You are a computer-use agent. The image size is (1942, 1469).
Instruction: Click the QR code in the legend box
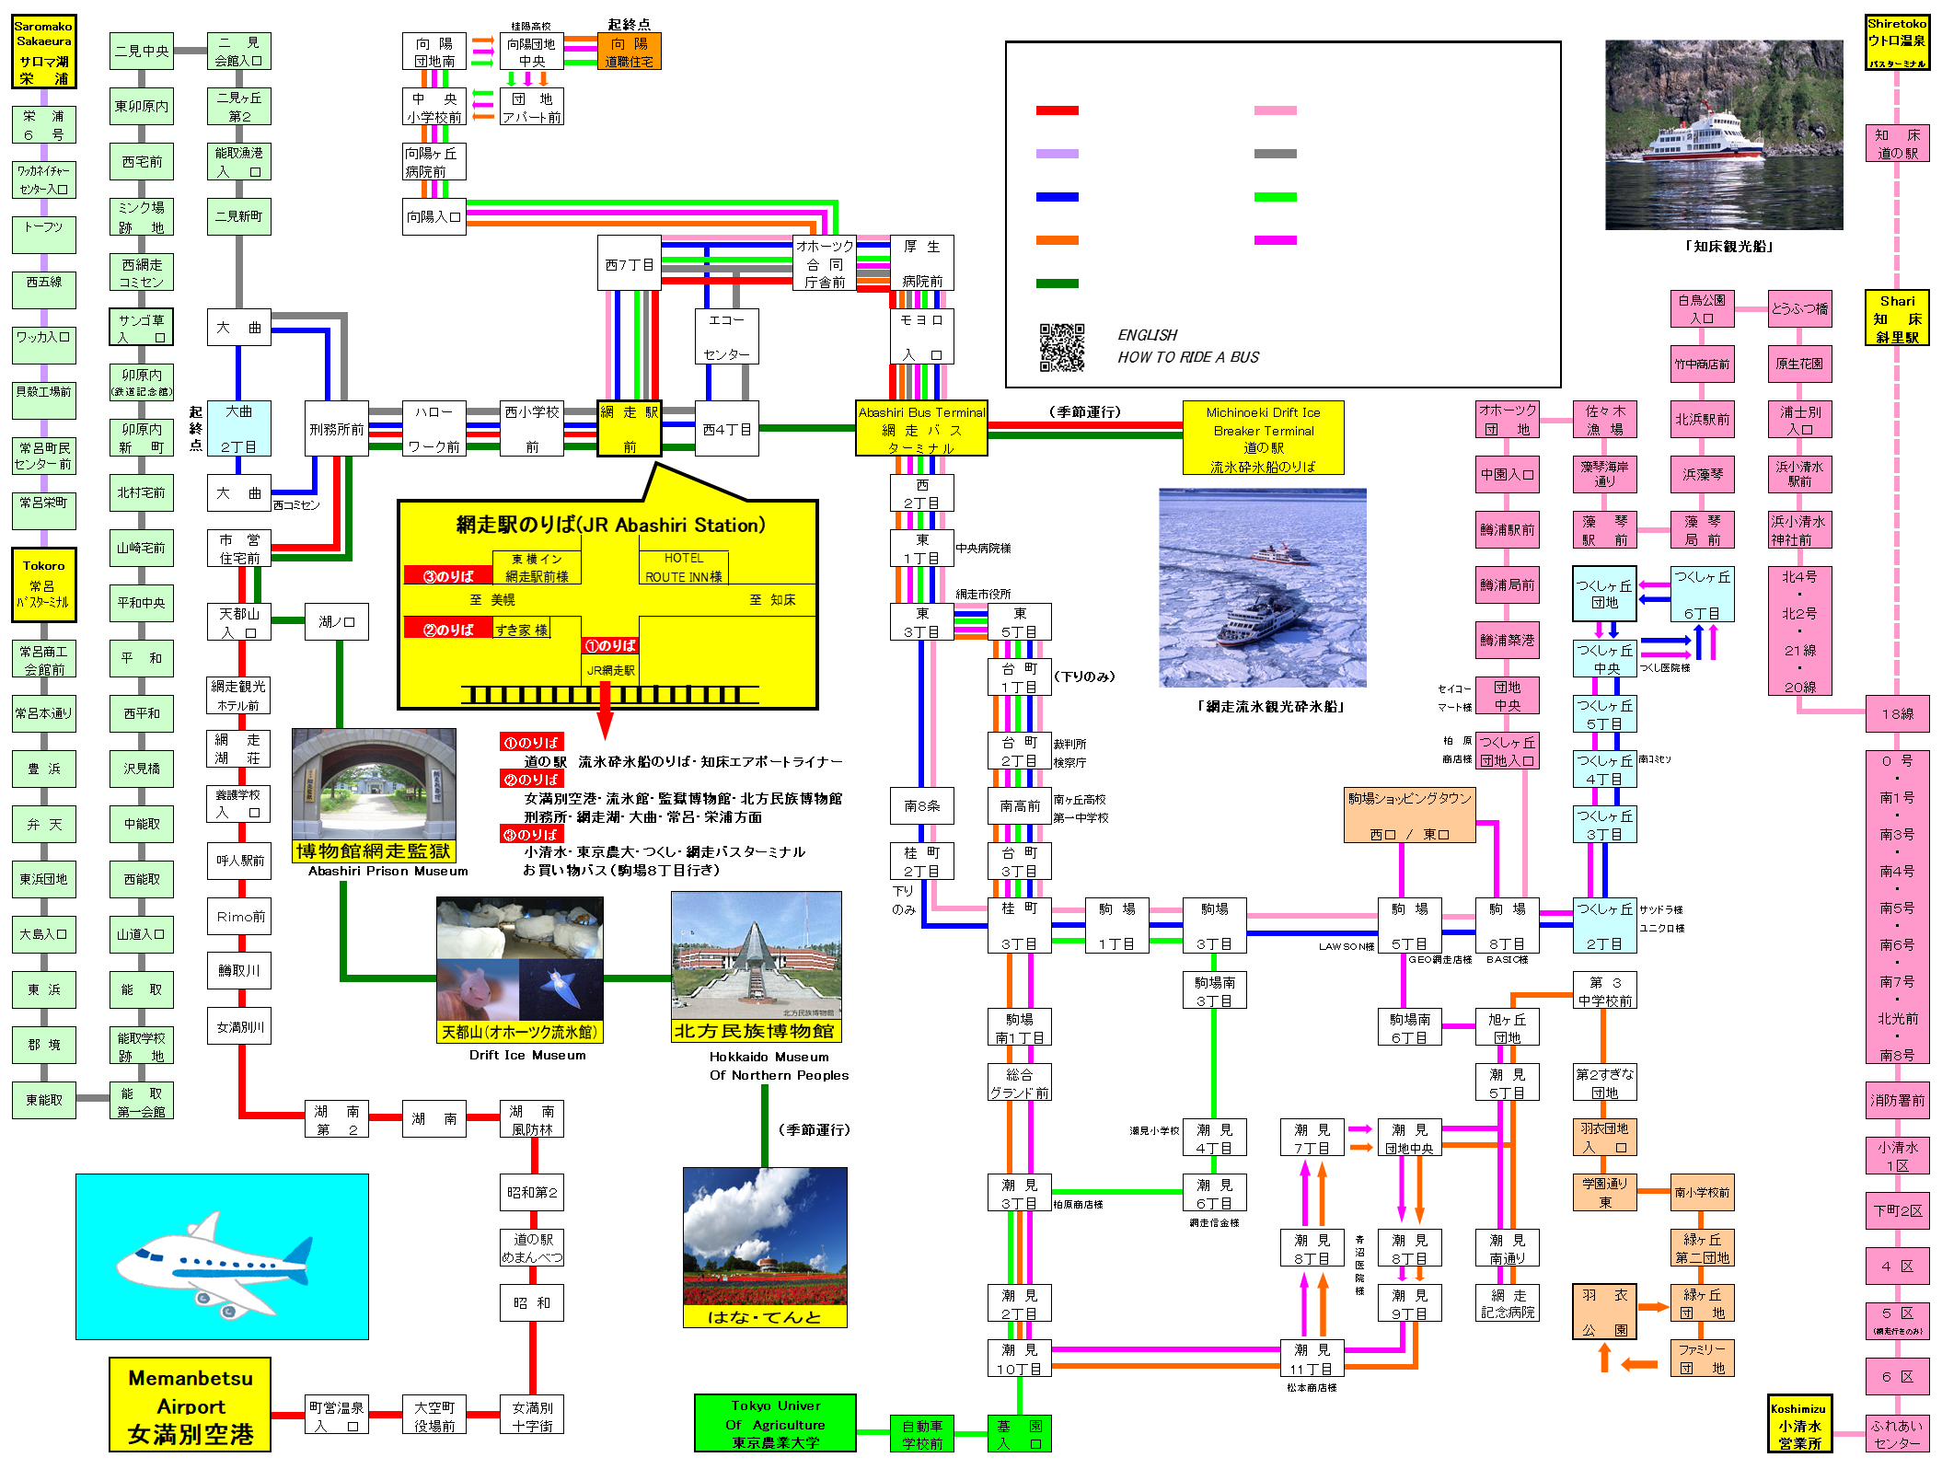pos(1061,347)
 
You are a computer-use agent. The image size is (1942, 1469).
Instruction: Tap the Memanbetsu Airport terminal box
pos(190,1405)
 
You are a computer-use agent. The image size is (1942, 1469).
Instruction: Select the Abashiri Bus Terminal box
pos(921,429)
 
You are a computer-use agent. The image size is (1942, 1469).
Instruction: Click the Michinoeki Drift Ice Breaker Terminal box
pos(1263,438)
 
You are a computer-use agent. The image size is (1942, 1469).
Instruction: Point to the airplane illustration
pos(222,1256)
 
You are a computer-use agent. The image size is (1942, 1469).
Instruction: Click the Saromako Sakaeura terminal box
pos(43,52)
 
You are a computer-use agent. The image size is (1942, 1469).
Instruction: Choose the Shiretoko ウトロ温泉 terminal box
pos(1897,42)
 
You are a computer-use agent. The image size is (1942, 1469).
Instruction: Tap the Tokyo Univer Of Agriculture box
pos(775,1423)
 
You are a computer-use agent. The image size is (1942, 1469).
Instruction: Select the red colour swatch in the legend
pos(1057,110)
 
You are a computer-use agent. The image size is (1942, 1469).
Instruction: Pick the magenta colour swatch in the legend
pos(1275,240)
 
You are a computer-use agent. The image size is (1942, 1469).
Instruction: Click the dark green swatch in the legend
pos(1057,283)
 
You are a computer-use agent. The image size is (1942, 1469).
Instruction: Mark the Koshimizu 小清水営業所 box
pos(1799,1424)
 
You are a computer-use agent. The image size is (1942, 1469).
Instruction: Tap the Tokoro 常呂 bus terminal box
pos(43,584)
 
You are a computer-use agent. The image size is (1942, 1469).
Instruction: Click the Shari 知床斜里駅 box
pos(1897,318)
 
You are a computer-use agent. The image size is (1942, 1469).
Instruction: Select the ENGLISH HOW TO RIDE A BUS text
pos(1187,347)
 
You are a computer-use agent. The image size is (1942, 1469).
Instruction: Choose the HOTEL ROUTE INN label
pos(683,567)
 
